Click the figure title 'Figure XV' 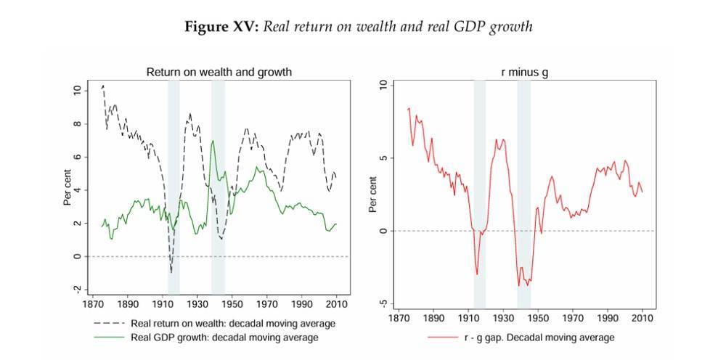coord(221,27)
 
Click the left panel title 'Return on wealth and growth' coord(219,72)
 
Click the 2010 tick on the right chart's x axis coord(643,318)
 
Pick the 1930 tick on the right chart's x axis coord(503,318)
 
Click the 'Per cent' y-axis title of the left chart coord(68,189)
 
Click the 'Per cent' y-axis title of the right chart coord(372,195)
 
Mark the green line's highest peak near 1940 coord(213,141)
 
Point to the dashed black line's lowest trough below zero coord(171,272)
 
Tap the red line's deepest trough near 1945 coord(529,285)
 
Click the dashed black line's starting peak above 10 coord(103,86)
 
